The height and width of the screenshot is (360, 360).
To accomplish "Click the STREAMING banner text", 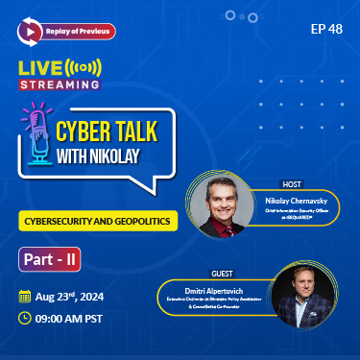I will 60,84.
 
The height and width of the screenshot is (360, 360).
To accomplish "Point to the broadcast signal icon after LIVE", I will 86,68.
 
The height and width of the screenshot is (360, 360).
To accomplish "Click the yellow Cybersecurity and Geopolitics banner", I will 95,219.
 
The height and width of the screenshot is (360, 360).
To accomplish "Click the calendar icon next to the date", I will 25,296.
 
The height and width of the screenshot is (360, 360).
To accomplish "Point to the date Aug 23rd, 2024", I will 77,296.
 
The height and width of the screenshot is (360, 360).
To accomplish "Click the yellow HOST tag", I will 292,182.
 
